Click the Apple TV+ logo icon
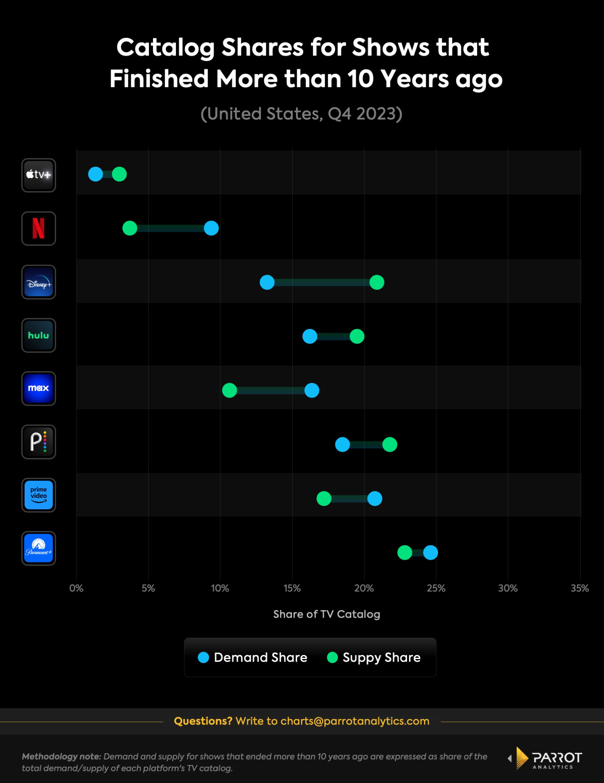[x=39, y=175]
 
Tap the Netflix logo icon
[x=39, y=228]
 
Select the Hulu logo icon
[x=39, y=335]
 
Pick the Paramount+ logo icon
[x=39, y=548]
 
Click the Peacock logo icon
[x=39, y=442]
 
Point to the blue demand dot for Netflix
[x=211, y=228]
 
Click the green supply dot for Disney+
[x=376, y=282]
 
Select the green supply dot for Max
[x=230, y=390]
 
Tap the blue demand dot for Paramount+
[x=430, y=552]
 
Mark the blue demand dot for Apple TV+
[x=95, y=174]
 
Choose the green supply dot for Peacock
[x=389, y=444]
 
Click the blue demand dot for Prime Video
[x=374, y=498]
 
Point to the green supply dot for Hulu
[x=357, y=336]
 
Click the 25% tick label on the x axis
[x=436, y=588]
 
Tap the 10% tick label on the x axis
[x=220, y=588]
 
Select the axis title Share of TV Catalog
[x=327, y=614]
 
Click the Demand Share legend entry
[x=253, y=657]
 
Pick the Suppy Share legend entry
[x=374, y=657]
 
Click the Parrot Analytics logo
[x=546, y=758]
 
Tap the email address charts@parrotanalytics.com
[x=355, y=721]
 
